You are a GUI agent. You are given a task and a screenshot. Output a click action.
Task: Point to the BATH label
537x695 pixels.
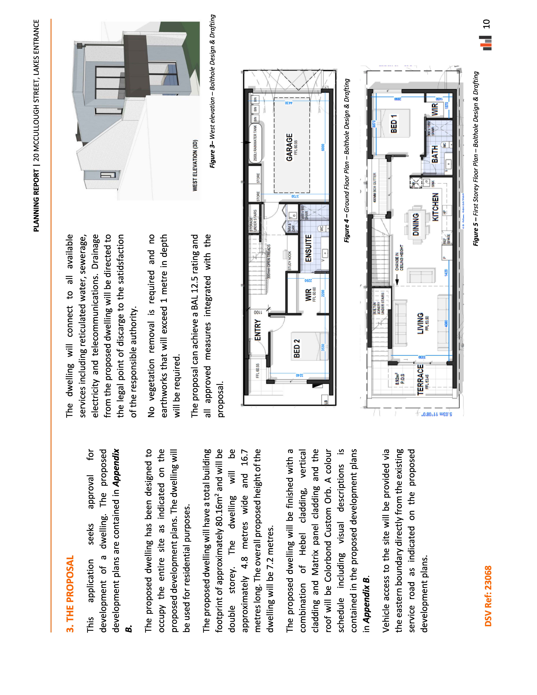coord(435,154)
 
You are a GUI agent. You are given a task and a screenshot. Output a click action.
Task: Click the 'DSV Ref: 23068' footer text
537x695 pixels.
coord(488,596)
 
